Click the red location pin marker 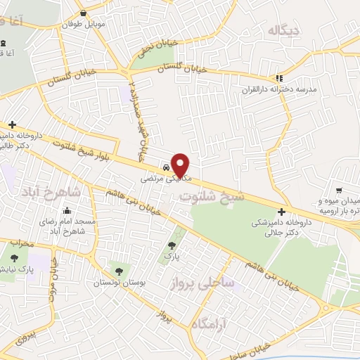coord(181,165)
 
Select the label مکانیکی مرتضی coord(164,179)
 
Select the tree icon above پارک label coord(172,246)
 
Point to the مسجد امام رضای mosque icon coord(67,210)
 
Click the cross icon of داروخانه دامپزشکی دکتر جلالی coord(281,212)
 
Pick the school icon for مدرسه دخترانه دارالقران coord(280,78)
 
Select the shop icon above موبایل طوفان coord(84,13)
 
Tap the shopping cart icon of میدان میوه coord(340,190)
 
